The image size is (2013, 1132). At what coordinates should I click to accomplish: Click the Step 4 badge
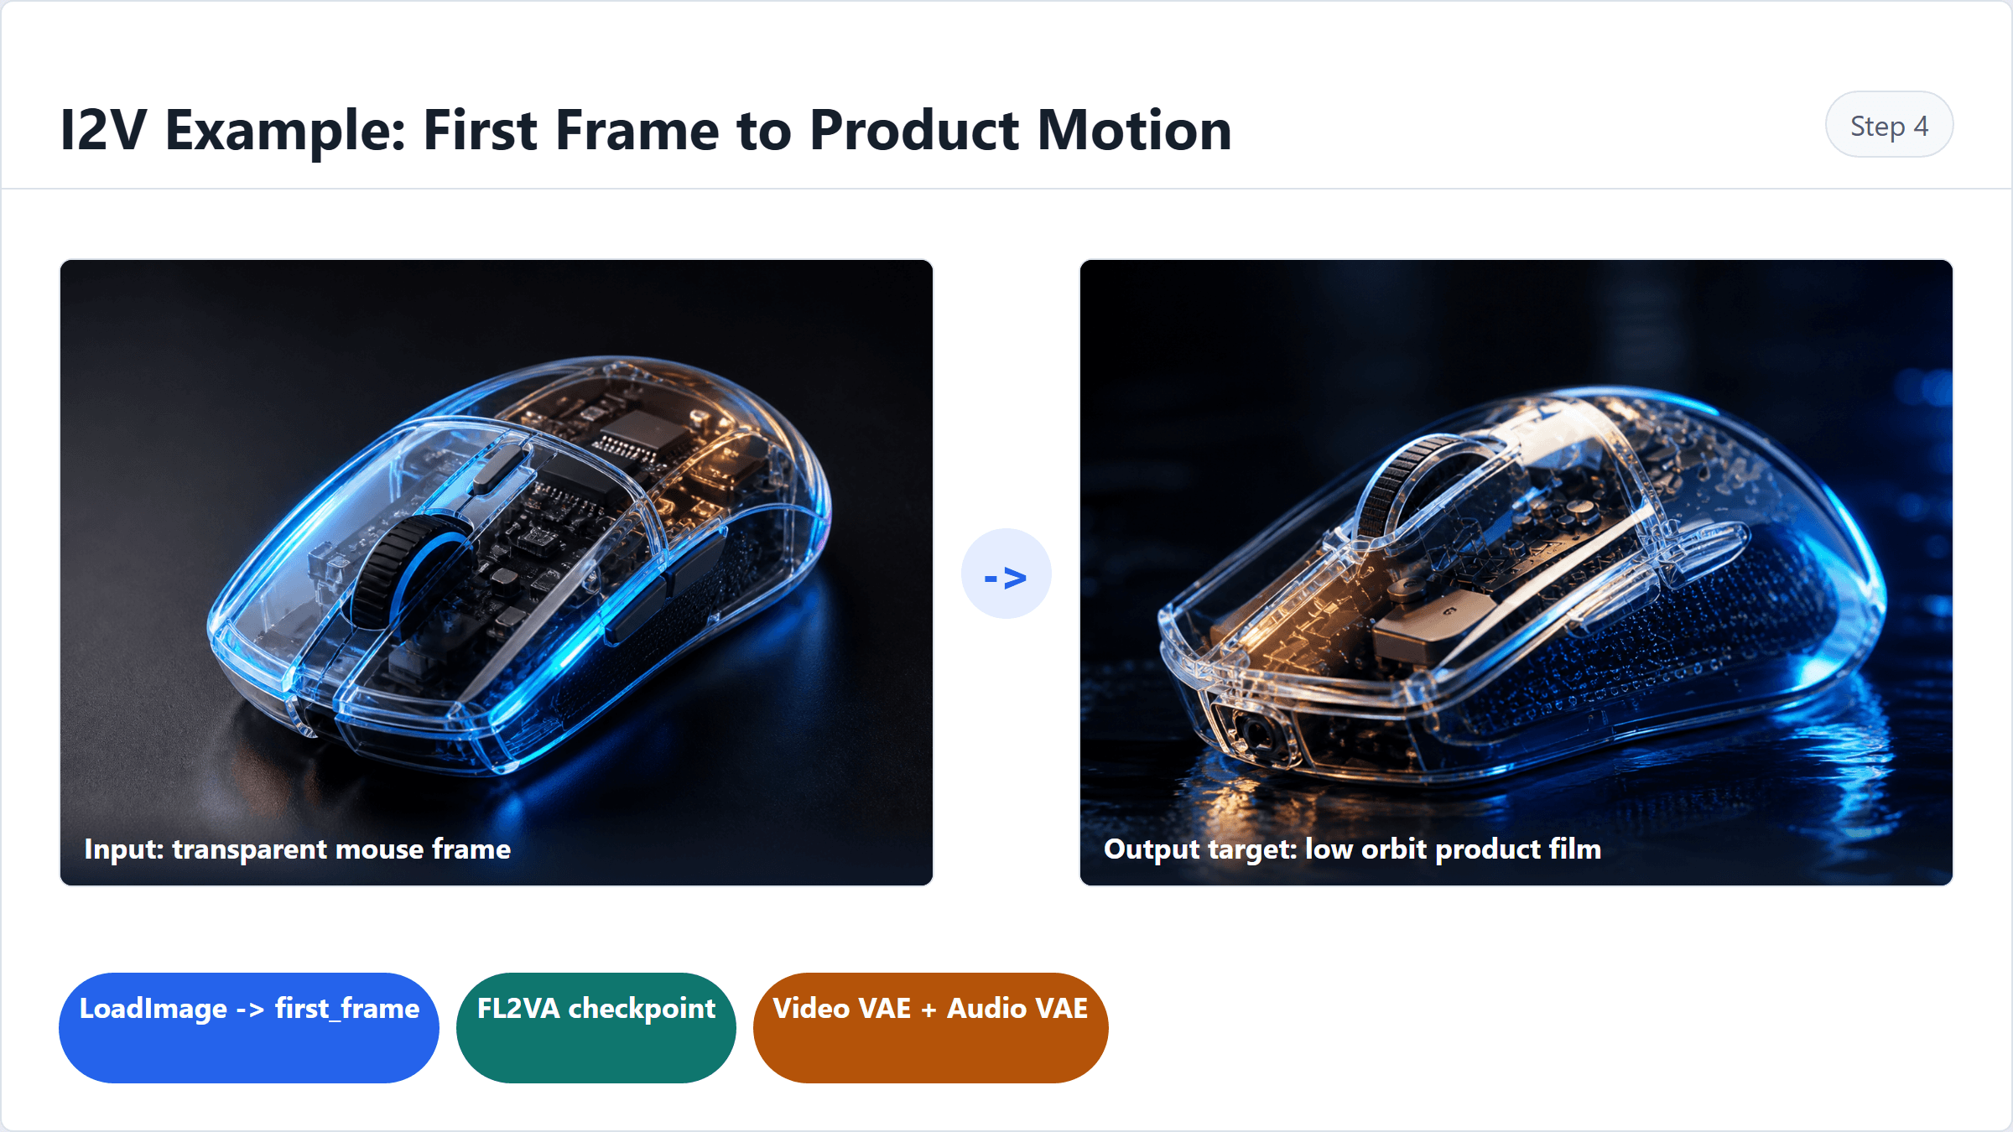click(1889, 124)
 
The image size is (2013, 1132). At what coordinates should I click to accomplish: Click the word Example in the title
click(285, 132)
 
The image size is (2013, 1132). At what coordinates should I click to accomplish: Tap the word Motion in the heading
click(1135, 130)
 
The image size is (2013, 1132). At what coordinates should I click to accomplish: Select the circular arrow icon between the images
click(1006, 574)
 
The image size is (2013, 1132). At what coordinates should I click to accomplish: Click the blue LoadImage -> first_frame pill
click(249, 1027)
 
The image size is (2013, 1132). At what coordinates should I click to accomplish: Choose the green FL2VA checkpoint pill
click(596, 1027)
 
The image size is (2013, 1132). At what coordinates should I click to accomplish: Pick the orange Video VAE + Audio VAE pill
click(930, 1027)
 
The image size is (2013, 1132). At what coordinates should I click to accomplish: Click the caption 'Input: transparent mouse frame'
click(298, 849)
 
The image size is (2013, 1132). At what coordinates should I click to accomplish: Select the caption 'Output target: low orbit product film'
click(1352, 849)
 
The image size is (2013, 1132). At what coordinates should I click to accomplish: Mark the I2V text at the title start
click(103, 130)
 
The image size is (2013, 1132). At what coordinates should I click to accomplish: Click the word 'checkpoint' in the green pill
click(642, 1009)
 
